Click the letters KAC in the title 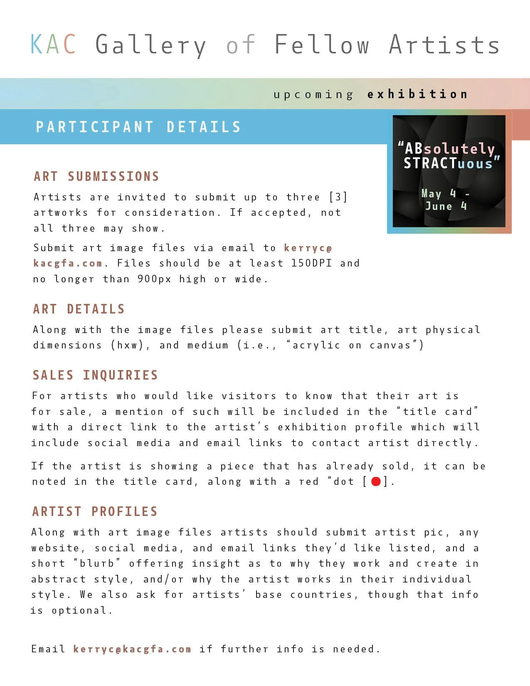[x=53, y=44]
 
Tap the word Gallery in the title [x=150, y=45]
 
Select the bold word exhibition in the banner [x=417, y=94]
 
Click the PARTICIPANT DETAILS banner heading [x=138, y=127]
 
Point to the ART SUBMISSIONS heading [x=96, y=176]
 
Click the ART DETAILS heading [x=79, y=309]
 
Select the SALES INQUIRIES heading [x=95, y=375]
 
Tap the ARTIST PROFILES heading [x=95, y=511]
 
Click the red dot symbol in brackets [x=376, y=481]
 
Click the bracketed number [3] [x=338, y=197]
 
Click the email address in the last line [x=132, y=649]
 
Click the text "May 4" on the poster [x=439, y=193]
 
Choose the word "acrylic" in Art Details [x=316, y=345]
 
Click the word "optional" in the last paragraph [x=79, y=610]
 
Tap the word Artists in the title [x=444, y=45]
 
